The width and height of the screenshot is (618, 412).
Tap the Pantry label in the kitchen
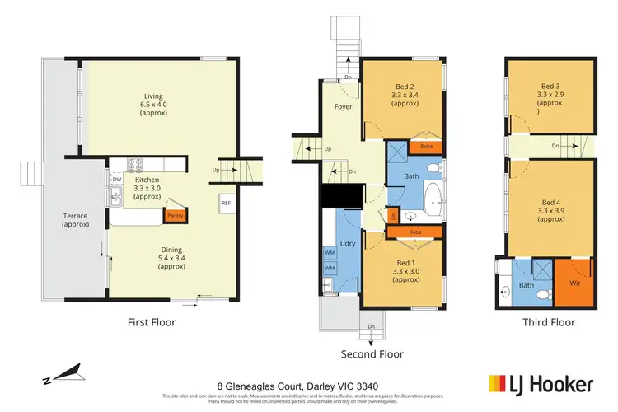coord(175,216)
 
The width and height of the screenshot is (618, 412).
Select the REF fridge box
coord(226,202)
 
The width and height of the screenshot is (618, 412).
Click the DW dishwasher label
coord(117,179)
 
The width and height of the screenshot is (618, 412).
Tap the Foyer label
coord(344,107)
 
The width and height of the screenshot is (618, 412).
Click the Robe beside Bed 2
coord(426,147)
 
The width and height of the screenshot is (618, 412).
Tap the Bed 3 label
coord(550,86)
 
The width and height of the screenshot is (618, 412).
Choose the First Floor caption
coord(152,322)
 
